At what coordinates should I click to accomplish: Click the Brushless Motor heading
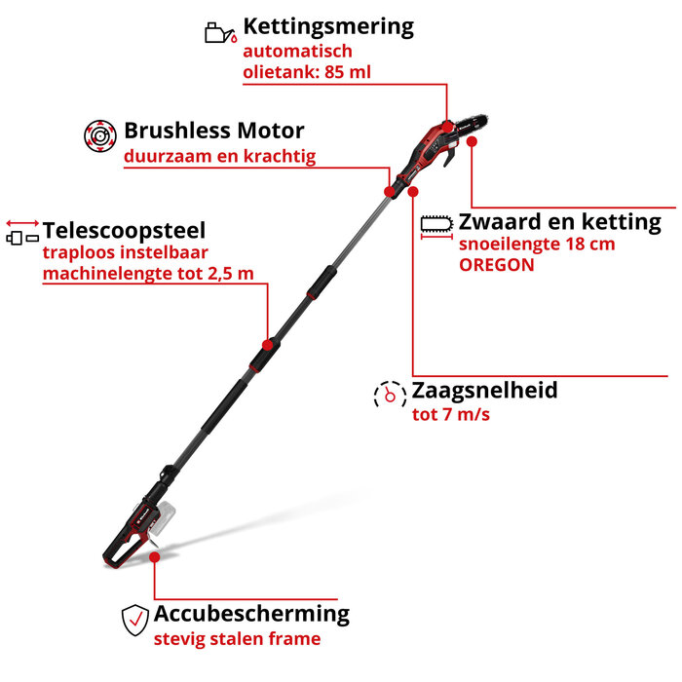(x=213, y=131)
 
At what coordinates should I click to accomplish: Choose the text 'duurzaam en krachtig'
(x=219, y=156)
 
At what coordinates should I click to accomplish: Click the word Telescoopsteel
(x=124, y=231)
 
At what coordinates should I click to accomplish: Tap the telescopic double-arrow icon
(x=22, y=232)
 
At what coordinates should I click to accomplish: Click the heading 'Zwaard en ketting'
(x=559, y=221)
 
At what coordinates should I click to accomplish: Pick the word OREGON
(x=496, y=264)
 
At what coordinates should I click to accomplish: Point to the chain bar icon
(x=437, y=226)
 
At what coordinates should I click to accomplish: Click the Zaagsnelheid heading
(x=484, y=391)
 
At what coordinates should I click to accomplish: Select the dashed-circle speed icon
(x=389, y=394)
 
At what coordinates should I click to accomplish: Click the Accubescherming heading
(x=251, y=614)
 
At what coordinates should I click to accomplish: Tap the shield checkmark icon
(x=133, y=619)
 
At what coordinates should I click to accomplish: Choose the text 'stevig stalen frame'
(x=236, y=639)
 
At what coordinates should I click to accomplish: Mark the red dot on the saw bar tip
(x=472, y=141)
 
